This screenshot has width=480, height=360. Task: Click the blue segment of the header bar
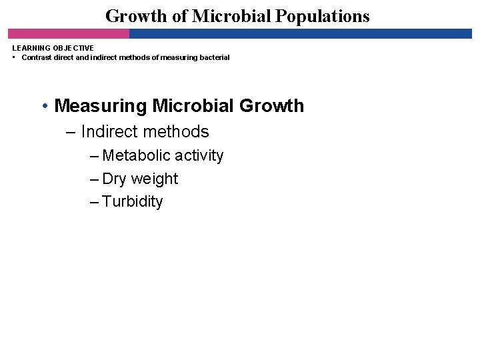[x=300, y=33]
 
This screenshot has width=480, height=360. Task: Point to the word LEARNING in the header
[x=32, y=48]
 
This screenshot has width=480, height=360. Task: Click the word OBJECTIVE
[x=74, y=48]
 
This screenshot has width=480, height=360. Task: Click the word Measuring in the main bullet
[x=101, y=106]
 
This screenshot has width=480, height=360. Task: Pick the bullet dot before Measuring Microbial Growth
[x=44, y=106]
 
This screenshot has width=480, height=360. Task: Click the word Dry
[x=115, y=179]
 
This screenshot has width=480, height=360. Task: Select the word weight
[x=155, y=179]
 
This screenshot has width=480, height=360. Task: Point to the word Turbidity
[x=133, y=202]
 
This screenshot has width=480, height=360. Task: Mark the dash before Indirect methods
[x=71, y=132]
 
